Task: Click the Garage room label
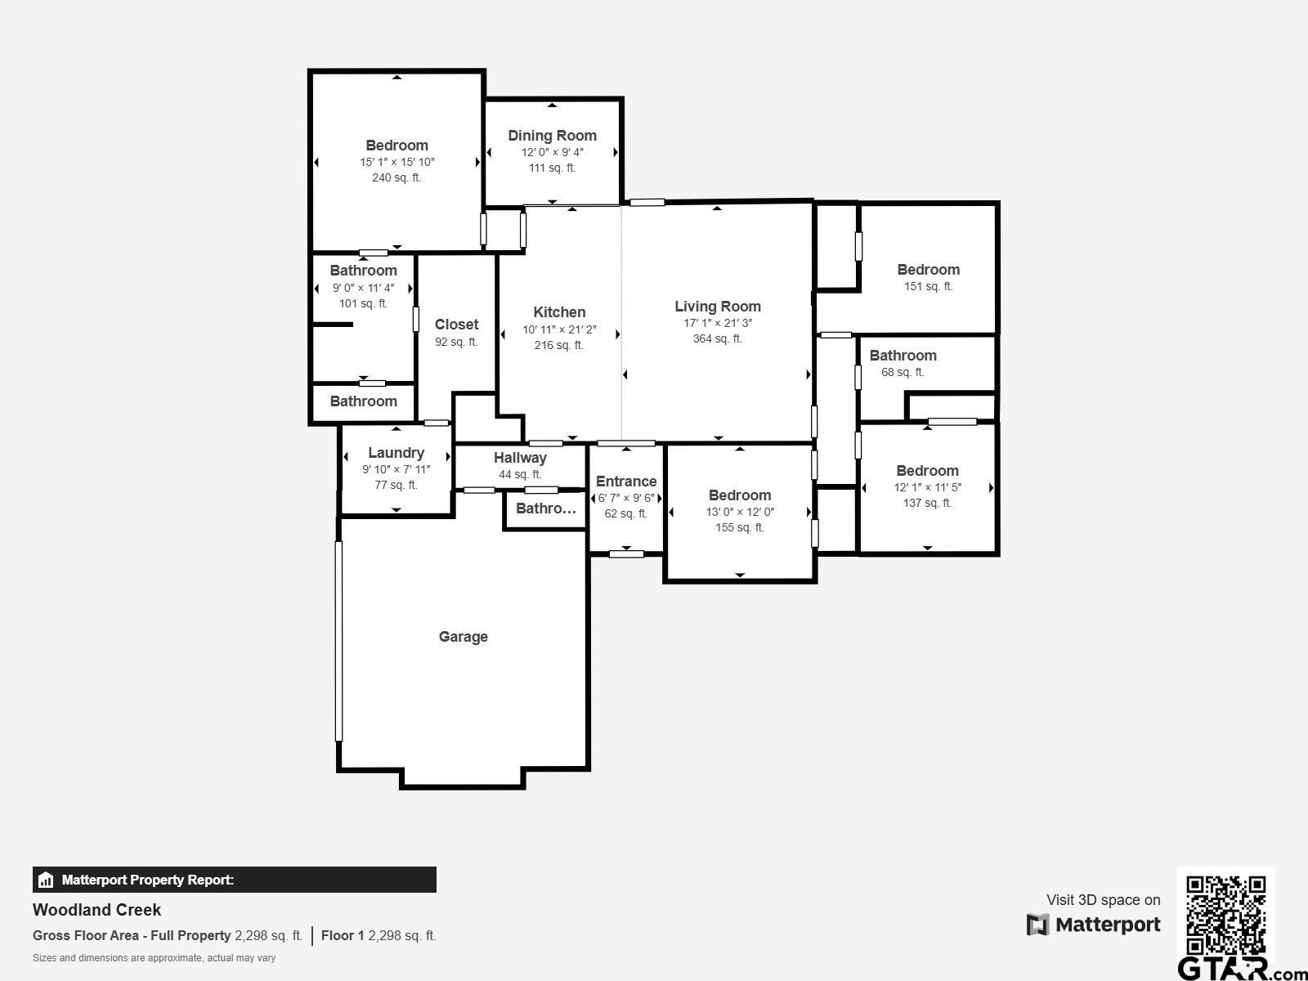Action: pos(463,637)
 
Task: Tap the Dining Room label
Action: pos(552,136)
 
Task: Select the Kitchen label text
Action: pos(559,312)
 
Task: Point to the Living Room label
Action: pos(718,307)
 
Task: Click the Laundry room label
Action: pos(396,453)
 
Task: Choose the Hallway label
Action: pos(520,458)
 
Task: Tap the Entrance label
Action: pos(626,482)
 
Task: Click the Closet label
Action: pos(456,325)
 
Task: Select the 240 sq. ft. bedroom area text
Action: pos(396,177)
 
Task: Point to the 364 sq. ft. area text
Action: pos(718,339)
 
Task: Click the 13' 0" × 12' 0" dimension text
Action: pos(740,512)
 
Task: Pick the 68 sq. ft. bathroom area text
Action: pos(903,372)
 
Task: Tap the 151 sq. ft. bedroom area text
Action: pos(928,286)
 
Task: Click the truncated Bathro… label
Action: pos(546,508)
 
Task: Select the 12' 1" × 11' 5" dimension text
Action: pos(927,487)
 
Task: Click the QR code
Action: pos(1225,916)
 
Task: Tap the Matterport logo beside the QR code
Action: pos(1094,925)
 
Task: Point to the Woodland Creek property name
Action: pos(96,910)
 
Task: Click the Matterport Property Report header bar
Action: pos(234,880)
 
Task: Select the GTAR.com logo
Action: pos(1243,969)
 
